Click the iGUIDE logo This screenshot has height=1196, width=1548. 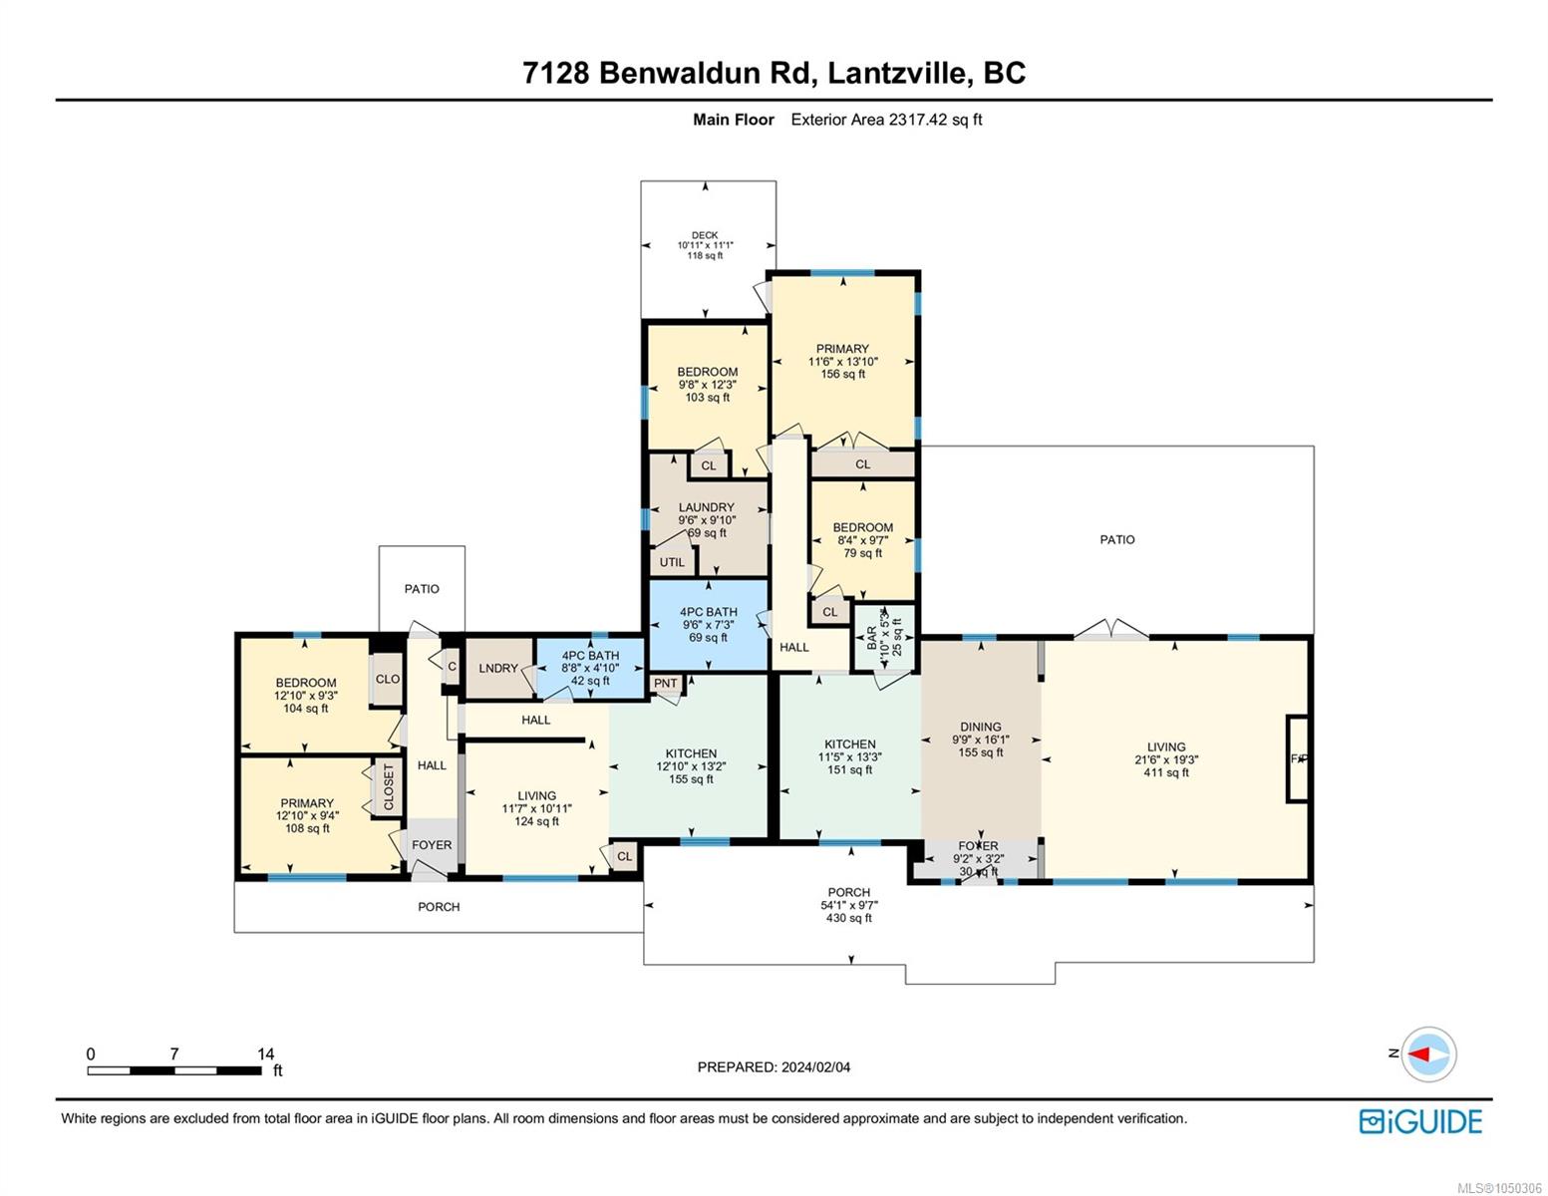click(x=1419, y=1121)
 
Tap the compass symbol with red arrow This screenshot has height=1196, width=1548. click(x=1428, y=1054)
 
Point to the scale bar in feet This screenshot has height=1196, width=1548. click(x=174, y=1070)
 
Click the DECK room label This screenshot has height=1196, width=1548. click(x=705, y=235)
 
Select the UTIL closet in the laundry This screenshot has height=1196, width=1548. click(x=671, y=562)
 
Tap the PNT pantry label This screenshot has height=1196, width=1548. click(x=666, y=683)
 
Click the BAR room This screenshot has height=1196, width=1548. click(x=884, y=637)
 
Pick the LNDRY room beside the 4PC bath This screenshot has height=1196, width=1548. click(x=498, y=668)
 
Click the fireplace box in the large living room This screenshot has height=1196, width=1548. click(x=1297, y=759)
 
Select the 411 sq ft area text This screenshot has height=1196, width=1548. click(x=1166, y=772)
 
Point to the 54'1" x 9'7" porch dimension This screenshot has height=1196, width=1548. click(x=849, y=905)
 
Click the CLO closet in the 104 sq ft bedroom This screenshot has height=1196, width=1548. click(x=387, y=680)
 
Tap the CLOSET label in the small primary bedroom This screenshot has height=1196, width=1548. click(x=389, y=786)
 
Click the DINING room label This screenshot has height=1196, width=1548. click(x=980, y=727)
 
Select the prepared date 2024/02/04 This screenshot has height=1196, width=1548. click(x=815, y=1067)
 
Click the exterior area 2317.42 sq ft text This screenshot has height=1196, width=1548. click(x=886, y=120)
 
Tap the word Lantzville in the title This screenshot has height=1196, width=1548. click(x=895, y=73)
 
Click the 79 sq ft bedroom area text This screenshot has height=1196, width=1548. click(x=862, y=553)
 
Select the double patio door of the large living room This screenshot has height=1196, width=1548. click(x=1110, y=630)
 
